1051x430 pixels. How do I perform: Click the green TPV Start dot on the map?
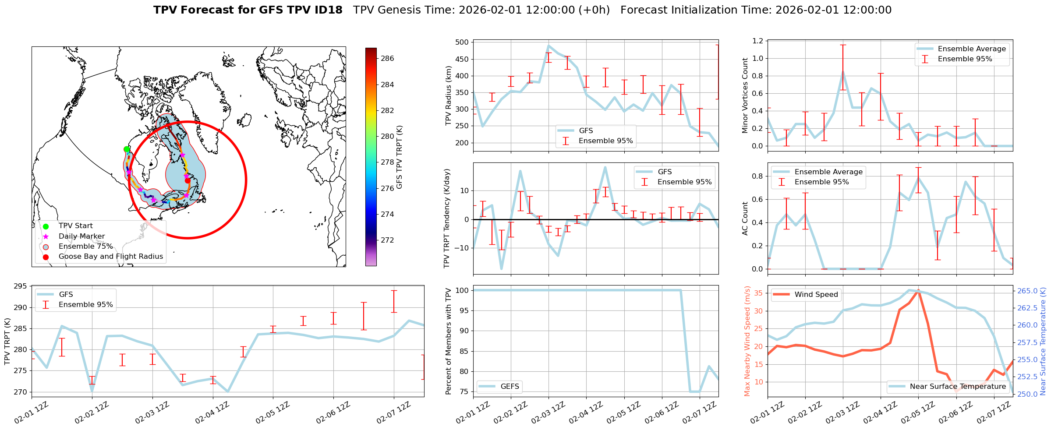(x=127, y=149)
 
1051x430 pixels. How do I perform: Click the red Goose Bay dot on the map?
(x=188, y=180)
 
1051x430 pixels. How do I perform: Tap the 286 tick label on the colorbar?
(x=387, y=58)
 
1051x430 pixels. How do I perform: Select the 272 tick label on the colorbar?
(x=387, y=240)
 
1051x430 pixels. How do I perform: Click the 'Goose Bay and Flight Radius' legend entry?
(x=110, y=257)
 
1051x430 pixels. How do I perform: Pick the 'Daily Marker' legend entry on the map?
(x=81, y=236)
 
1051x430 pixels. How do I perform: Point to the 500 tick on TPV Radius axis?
(x=462, y=42)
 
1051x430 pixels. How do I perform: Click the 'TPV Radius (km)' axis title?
(x=448, y=95)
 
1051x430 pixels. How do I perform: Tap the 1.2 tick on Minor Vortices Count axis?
(x=757, y=41)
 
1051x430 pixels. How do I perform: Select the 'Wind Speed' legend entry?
(x=816, y=295)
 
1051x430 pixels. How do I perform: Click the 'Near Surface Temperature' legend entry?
(x=958, y=386)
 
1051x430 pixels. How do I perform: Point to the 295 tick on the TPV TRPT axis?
(x=20, y=286)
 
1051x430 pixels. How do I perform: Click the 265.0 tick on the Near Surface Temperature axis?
(x=1027, y=291)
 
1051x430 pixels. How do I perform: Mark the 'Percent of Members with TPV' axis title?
(x=448, y=341)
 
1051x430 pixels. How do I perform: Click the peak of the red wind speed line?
(x=918, y=290)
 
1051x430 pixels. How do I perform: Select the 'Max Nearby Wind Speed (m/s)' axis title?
(x=747, y=341)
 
